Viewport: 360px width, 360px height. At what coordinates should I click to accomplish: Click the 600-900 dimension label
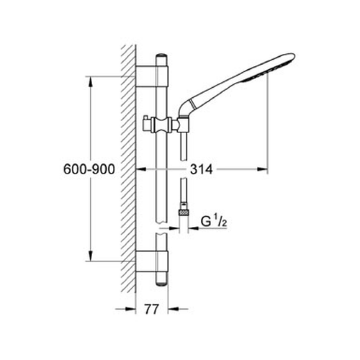(89, 170)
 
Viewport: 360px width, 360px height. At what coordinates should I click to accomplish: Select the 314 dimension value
(201, 170)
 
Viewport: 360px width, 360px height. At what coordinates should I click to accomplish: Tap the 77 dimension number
(152, 309)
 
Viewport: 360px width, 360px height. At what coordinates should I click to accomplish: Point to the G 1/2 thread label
(214, 220)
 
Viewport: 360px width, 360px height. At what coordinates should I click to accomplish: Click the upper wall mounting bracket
(152, 76)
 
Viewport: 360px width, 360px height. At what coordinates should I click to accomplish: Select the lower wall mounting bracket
(152, 261)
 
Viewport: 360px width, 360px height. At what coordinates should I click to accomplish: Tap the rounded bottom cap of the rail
(162, 283)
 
